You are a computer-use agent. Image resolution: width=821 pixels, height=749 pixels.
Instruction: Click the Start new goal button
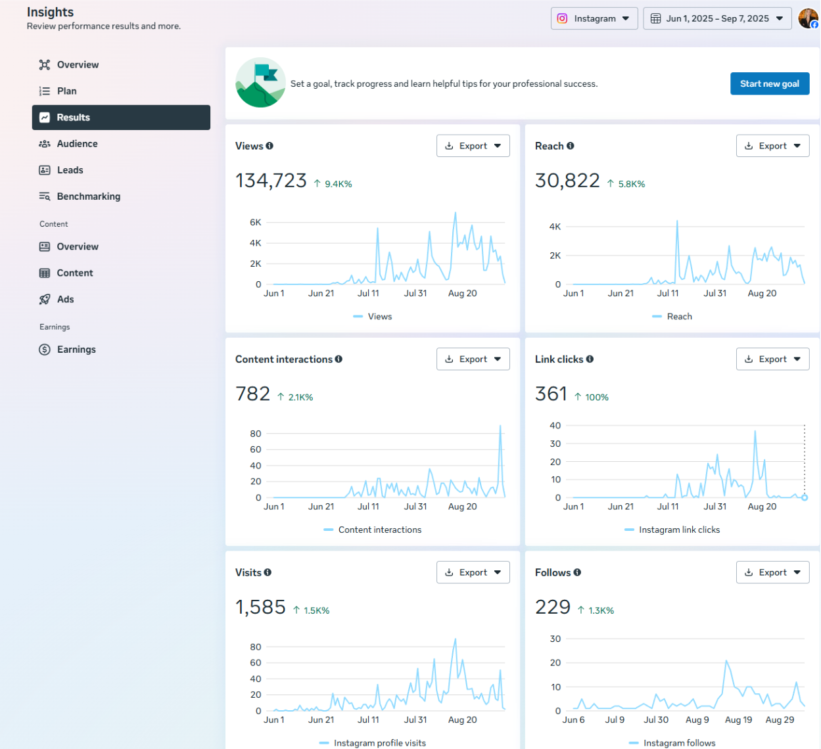769,83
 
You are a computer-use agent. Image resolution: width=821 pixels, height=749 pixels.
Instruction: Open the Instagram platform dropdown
594,18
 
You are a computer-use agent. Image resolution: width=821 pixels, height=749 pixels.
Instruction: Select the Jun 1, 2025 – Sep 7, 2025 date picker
716,18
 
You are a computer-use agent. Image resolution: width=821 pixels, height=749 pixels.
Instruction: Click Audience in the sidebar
77,144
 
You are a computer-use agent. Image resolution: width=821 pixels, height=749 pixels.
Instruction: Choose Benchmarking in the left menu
88,196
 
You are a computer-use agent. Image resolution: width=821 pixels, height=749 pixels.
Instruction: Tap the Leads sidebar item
70,170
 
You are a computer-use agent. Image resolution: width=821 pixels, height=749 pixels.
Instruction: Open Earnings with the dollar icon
76,350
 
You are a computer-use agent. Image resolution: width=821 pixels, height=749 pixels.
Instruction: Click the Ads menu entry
65,300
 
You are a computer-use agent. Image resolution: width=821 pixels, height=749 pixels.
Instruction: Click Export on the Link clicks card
772,359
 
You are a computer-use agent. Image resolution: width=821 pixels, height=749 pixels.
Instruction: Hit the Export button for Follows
772,572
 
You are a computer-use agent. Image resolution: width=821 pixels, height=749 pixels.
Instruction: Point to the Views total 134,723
271,181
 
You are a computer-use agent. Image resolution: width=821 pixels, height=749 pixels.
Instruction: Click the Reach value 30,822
567,181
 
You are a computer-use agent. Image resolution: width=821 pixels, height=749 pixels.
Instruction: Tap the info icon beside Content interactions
339,359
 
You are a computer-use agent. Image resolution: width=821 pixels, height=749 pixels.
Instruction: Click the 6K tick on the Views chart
256,223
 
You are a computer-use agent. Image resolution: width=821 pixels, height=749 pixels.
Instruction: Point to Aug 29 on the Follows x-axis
780,720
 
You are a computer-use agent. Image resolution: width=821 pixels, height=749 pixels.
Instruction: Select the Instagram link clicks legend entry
678,530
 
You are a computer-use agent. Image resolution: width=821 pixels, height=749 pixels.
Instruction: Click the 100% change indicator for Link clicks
596,397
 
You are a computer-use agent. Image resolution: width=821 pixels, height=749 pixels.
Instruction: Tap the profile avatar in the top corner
808,18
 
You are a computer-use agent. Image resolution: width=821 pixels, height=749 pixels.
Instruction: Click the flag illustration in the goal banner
261,82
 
